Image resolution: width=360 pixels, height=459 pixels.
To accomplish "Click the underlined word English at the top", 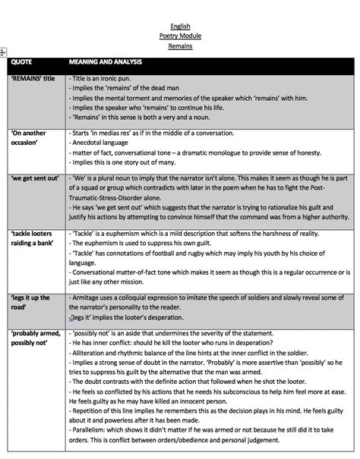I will pos(180,27).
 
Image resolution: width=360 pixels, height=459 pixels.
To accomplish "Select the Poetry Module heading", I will pos(180,36).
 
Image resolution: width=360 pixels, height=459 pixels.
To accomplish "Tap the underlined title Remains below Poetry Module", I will pos(180,46).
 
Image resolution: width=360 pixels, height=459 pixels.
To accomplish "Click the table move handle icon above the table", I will pos(3,52).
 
